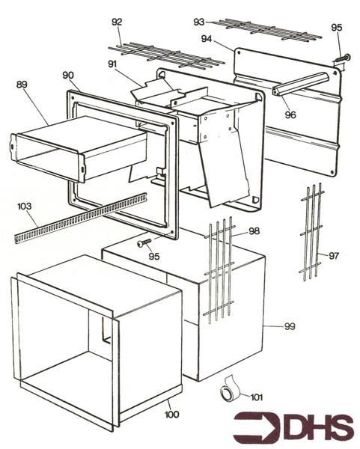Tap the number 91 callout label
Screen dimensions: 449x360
[113, 64]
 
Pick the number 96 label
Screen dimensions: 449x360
[290, 114]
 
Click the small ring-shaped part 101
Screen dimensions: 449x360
[228, 393]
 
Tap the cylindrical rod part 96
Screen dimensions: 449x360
[304, 83]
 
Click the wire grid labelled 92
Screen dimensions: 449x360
[165, 55]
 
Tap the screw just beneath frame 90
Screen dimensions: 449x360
[144, 243]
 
